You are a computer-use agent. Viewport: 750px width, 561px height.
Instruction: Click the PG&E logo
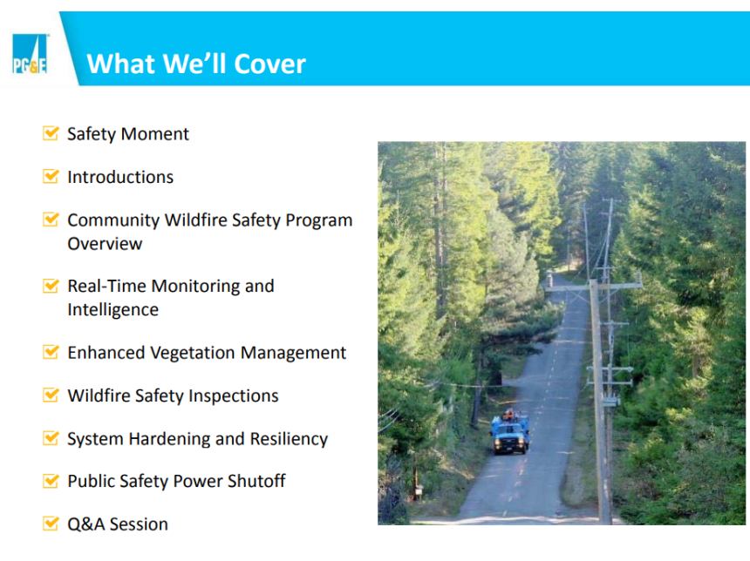click(x=30, y=53)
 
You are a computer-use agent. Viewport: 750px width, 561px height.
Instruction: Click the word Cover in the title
click(x=269, y=64)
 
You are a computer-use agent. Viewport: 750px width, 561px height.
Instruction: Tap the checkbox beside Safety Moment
click(x=51, y=132)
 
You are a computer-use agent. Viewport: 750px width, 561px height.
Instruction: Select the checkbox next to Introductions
click(x=51, y=176)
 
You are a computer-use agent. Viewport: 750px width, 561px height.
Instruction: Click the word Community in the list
click(x=113, y=220)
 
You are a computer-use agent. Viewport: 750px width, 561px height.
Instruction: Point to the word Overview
click(x=105, y=244)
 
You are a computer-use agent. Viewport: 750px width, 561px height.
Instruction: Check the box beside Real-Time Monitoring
click(x=51, y=285)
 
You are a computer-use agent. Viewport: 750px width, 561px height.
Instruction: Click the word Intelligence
click(x=112, y=309)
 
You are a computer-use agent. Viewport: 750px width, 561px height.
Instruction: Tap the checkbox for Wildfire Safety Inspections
click(x=51, y=395)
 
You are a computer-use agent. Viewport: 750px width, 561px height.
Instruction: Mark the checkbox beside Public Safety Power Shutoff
click(x=51, y=480)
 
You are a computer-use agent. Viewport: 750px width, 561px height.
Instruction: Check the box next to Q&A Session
click(x=51, y=523)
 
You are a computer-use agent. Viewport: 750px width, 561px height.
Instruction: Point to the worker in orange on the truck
click(x=509, y=414)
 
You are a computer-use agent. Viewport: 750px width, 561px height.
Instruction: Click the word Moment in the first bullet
click(x=155, y=134)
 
